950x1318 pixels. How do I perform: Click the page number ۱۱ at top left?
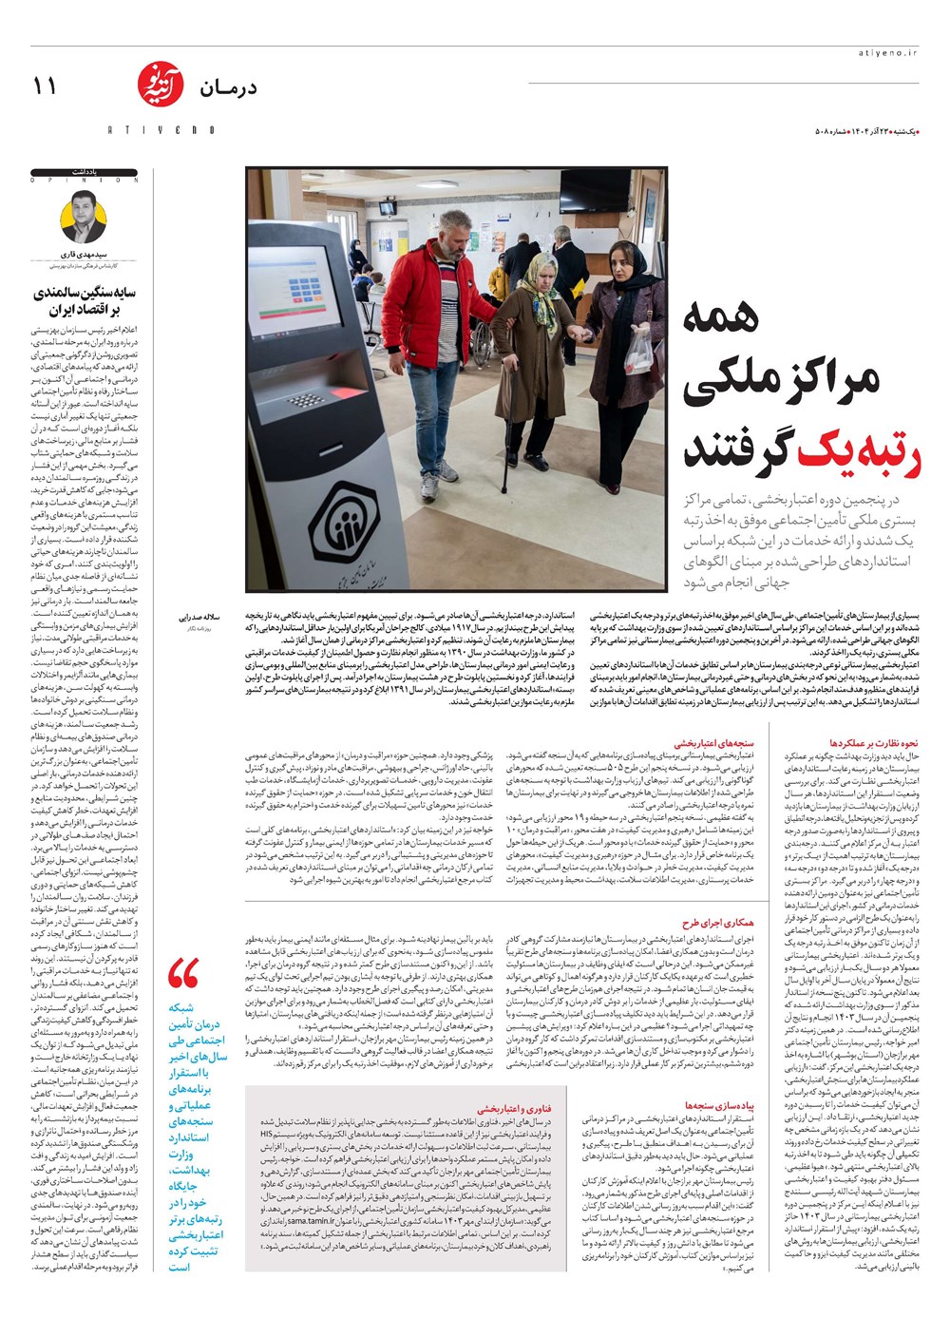point(45,86)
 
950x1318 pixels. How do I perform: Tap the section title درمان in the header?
point(228,88)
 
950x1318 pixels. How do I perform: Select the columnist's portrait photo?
point(85,217)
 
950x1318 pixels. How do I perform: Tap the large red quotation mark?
point(182,974)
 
